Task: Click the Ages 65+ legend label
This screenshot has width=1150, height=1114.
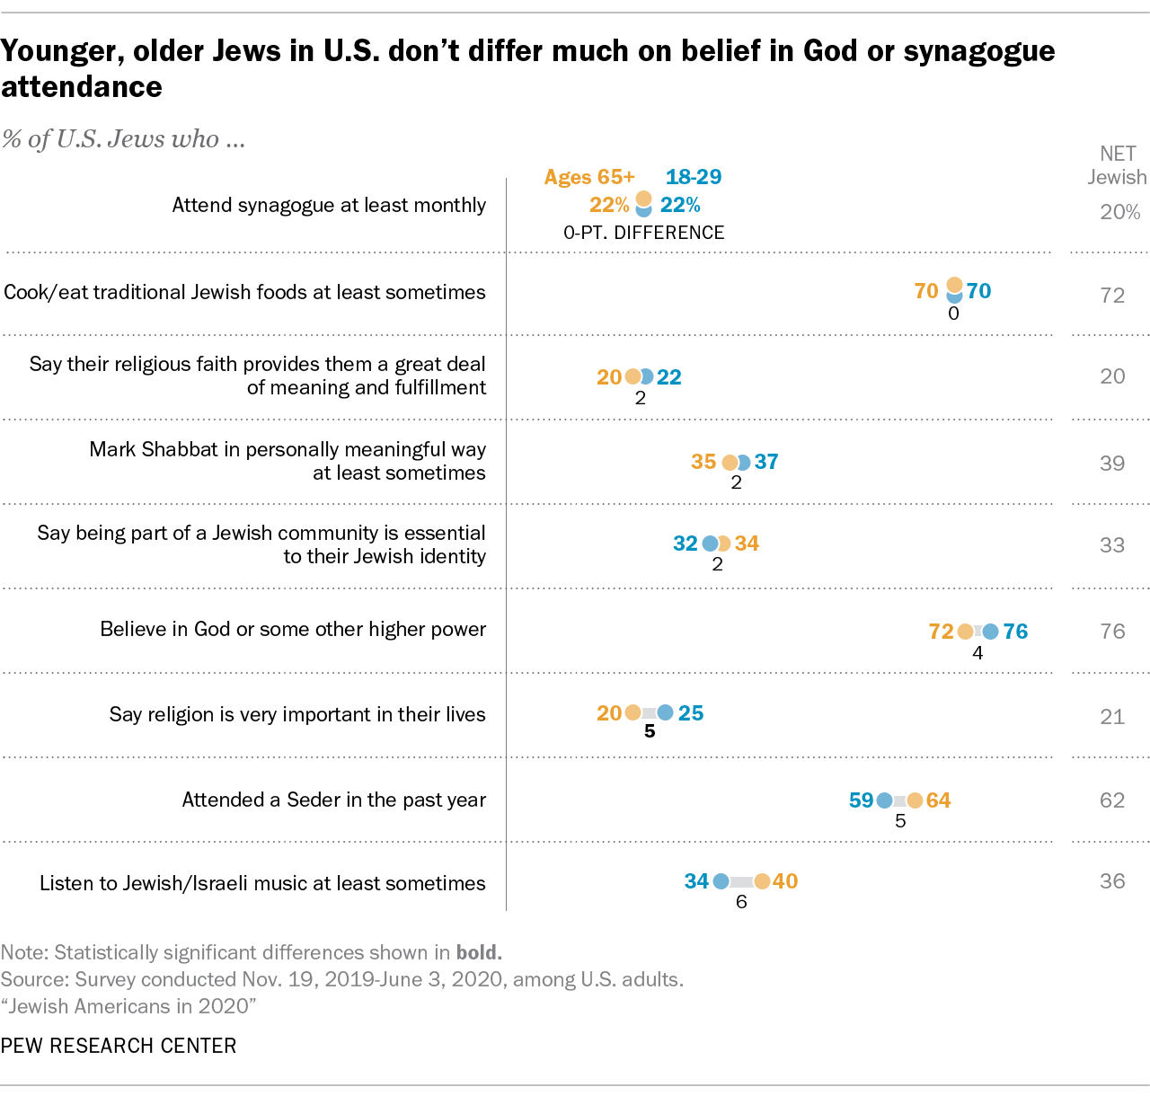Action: [x=589, y=177]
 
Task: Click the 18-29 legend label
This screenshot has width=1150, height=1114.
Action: [x=694, y=177]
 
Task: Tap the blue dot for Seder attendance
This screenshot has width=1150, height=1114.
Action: [x=884, y=800]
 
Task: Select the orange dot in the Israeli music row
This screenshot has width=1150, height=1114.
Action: [x=762, y=881]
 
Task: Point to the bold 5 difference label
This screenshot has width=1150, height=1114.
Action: [x=650, y=731]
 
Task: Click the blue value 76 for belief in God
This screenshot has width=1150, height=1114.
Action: [x=1015, y=632]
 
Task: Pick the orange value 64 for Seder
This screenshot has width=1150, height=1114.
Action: [x=938, y=800]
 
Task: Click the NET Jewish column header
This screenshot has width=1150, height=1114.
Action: [x=1117, y=165]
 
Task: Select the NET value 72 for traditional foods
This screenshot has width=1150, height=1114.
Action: [x=1112, y=296]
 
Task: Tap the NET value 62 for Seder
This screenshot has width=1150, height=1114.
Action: [x=1112, y=800]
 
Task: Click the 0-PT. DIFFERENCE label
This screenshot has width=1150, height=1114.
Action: [x=643, y=233]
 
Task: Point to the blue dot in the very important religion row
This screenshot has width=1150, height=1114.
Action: [x=665, y=712]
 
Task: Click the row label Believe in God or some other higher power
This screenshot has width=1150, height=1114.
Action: [x=293, y=629]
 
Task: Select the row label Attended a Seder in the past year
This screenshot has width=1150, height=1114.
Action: [x=333, y=800]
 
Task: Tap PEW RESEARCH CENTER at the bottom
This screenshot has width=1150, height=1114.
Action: [x=119, y=1046]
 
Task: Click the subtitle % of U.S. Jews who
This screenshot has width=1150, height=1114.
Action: [x=123, y=139]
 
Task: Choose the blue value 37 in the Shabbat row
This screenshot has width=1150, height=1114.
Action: [x=766, y=462]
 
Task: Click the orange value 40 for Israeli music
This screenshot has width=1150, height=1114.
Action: [x=785, y=881]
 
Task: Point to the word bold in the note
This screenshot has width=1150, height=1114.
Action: [x=478, y=952]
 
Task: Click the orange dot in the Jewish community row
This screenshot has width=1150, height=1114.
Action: [x=723, y=544]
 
